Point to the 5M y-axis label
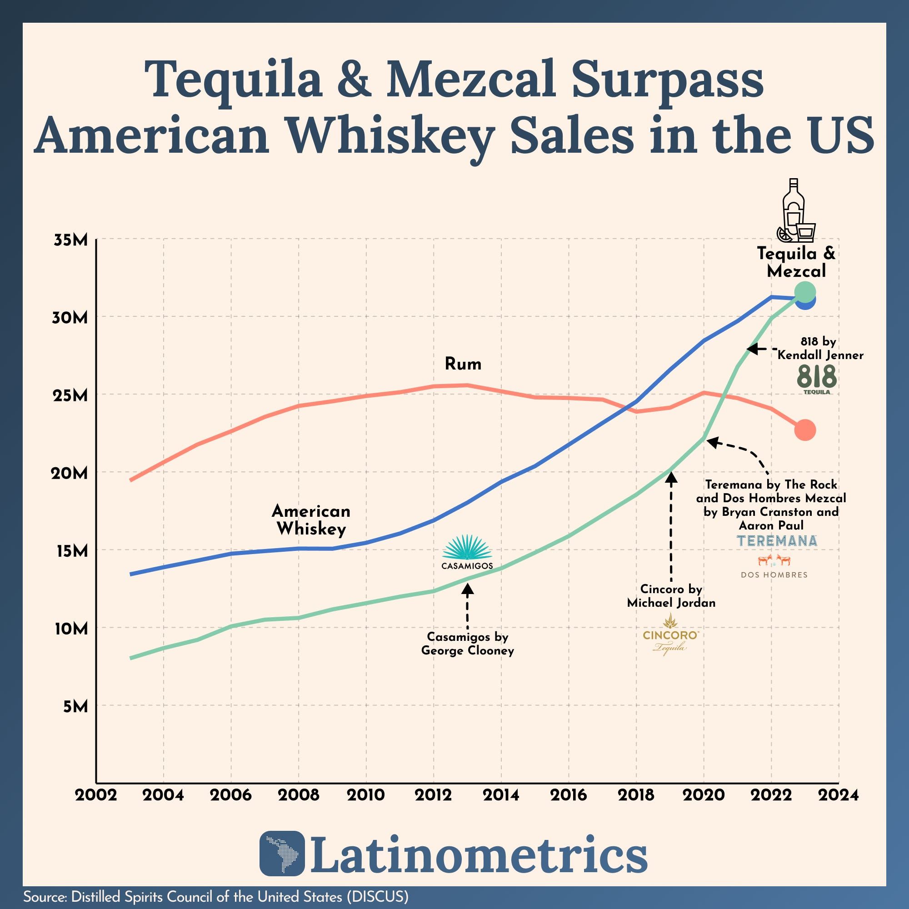[x=75, y=706]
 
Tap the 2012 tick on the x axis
[x=433, y=795]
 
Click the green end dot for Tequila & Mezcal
[x=805, y=292]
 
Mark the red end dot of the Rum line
[x=805, y=430]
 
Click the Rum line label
[x=463, y=364]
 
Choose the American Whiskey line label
[x=311, y=520]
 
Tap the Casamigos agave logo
[x=467, y=551]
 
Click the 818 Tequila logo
[x=817, y=379]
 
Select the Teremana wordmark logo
[x=777, y=540]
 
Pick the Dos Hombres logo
[x=774, y=567]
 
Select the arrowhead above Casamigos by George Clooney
[x=467, y=588]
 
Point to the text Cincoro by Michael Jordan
[x=671, y=596]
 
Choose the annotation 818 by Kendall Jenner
[x=819, y=348]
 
